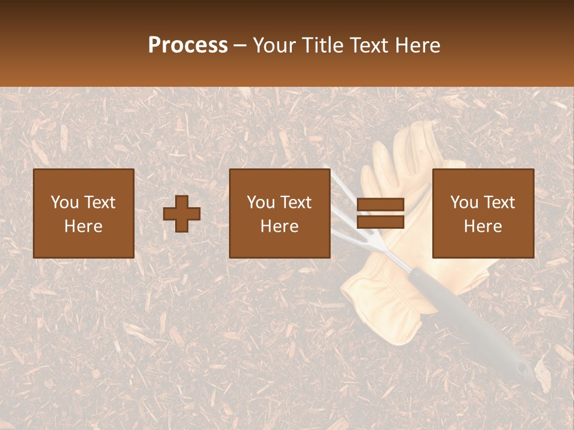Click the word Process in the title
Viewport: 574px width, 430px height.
coord(188,45)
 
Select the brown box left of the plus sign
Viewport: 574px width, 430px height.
coord(84,213)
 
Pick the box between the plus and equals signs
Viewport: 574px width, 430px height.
coord(280,213)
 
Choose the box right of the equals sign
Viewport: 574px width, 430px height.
coord(483,213)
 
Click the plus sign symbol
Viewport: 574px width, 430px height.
coord(182,214)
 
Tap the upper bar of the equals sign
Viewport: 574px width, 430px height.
coord(380,205)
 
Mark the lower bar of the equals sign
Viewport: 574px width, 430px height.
coord(380,222)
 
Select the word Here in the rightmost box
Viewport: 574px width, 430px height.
coord(483,226)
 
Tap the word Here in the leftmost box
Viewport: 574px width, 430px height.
coord(84,226)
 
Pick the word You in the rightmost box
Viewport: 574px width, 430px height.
coord(464,202)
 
